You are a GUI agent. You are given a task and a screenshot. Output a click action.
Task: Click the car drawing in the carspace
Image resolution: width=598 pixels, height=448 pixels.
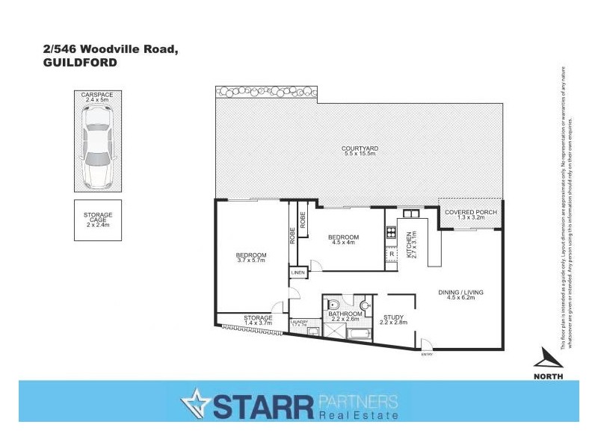click(99, 146)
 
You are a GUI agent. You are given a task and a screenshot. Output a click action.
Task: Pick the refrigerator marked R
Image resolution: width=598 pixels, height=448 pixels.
click(392, 255)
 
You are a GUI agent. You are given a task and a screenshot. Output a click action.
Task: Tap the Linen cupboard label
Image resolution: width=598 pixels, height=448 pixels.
click(298, 274)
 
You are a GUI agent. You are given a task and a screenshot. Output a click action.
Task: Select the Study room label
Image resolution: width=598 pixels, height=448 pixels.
click(393, 318)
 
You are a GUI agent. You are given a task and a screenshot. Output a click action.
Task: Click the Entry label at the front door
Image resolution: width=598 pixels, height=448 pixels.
click(427, 354)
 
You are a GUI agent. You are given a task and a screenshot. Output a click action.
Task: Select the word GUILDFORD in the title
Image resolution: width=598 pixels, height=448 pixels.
click(79, 63)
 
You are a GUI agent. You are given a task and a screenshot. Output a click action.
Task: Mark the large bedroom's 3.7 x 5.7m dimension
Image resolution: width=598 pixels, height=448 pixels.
click(252, 260)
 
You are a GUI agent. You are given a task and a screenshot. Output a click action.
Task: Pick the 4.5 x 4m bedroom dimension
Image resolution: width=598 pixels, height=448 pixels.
click(345, 243)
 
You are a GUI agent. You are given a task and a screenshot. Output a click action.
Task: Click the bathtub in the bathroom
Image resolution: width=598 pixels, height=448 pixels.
click(358, 331)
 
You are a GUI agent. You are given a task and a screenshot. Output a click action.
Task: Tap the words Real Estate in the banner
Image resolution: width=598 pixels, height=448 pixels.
click(358, 414)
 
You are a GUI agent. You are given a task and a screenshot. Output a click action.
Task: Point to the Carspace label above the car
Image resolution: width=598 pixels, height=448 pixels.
click(98, 95)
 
